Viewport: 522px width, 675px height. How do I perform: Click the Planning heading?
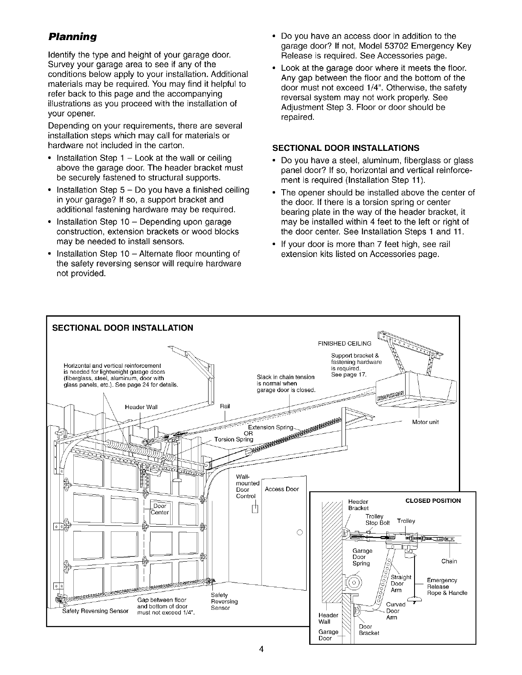[72, 37]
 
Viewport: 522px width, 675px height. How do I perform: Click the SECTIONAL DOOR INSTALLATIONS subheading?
[346, 148]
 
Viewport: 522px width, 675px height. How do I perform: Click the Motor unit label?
[426, 422]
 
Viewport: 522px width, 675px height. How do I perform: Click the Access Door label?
[282, 489]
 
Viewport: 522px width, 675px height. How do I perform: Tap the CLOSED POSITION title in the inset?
[433, 500]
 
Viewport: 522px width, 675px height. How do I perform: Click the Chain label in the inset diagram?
[449, 561]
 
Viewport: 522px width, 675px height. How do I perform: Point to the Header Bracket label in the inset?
[358, 505]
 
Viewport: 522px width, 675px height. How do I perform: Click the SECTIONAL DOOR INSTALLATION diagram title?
[122, 328]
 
